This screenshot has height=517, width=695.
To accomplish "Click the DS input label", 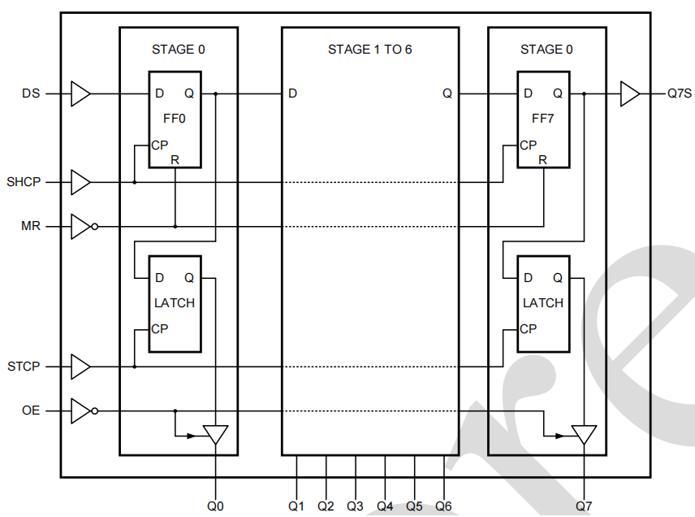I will [30, 93].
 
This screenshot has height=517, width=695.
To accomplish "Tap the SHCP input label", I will [24, 182].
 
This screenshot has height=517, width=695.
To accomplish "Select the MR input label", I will [30, 225].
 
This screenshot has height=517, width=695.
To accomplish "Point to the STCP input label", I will [24, 367].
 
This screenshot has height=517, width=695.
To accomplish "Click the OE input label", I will [30, 411].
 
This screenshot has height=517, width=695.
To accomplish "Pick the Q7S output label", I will [679, 93].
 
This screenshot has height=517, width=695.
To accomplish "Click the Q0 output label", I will [215, 506].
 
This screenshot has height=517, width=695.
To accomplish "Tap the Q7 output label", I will [584, 506].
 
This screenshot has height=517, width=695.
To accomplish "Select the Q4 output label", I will [385, 506].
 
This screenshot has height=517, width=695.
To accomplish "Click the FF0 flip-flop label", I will [175, 119].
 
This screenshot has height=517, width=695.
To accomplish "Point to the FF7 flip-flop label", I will [543, 119].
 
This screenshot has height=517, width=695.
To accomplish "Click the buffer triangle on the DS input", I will [80, 93].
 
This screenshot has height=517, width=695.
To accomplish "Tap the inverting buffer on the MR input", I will [81, 225].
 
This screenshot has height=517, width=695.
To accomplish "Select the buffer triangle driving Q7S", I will [630, 93].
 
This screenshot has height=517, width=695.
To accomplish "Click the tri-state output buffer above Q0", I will [215, 434].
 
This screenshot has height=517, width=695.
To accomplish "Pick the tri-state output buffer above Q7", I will [584, 434].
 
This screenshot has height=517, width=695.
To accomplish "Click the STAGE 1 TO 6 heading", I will [369, 50].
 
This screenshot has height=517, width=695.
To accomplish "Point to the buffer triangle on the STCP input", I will [80, 367].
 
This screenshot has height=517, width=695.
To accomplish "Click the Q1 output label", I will [296, 506].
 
